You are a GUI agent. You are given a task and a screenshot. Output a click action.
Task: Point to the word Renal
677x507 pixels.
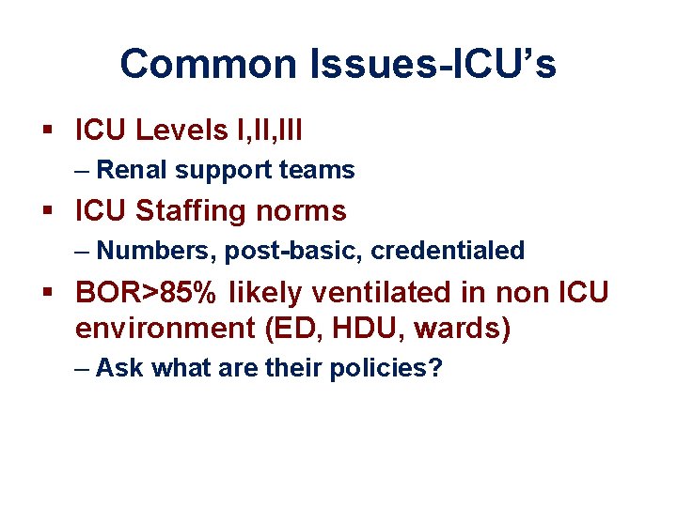click(132, 170)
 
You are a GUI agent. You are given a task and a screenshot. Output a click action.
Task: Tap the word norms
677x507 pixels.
click(305, 211)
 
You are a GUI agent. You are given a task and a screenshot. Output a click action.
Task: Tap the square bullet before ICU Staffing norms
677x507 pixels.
click(54, 212)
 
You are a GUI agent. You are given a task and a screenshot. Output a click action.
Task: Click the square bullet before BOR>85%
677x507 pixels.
click(54, 293)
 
